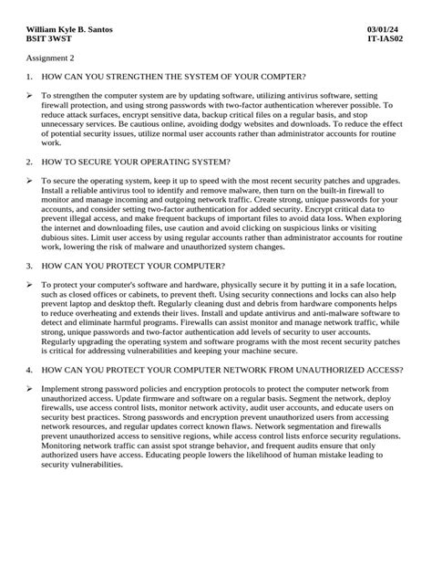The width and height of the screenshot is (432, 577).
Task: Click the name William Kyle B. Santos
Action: [x=65, y=30]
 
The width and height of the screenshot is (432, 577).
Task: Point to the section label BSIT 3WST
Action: [x=45, y=40]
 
